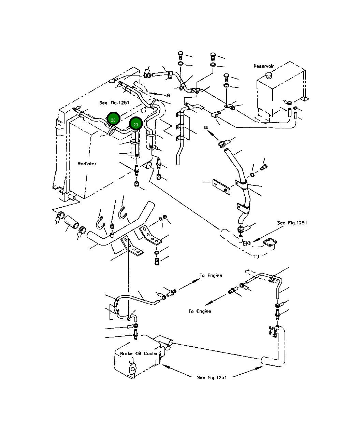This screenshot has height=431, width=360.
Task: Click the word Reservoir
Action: pos(264,66)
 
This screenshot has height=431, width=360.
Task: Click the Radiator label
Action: pos(87,164)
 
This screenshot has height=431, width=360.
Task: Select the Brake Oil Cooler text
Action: pos(139,353)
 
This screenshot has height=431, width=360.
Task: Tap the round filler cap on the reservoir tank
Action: pos(268,75)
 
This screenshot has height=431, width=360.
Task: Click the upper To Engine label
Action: pos(211,276)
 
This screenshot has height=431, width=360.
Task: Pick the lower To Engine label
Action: pos(200,311)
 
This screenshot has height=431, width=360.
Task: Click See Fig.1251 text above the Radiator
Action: pos(114,102)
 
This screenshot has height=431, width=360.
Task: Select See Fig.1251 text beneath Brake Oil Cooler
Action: pos(212,377)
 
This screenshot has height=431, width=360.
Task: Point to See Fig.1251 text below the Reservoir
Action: pos(292,223)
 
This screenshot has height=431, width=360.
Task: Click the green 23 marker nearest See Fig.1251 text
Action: pos(113,120)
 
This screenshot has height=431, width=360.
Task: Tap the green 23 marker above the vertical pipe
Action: pos(136,125)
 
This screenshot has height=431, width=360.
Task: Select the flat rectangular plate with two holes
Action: pos(221,186)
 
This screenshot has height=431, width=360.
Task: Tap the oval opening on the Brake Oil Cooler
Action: pos(132,369)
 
